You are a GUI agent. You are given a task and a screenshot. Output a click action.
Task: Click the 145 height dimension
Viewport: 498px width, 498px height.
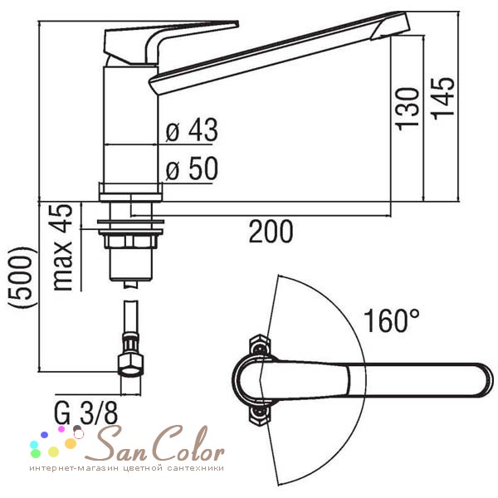444,98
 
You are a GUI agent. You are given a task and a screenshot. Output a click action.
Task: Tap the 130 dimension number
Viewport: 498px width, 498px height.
408,109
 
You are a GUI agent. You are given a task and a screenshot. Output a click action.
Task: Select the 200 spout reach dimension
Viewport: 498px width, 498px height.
271,232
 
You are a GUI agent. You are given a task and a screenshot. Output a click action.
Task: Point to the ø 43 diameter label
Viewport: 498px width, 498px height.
192,129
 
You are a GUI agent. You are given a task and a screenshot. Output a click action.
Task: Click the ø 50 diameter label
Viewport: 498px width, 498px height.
192,168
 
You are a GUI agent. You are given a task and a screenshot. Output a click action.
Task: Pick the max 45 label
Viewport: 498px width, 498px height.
62,247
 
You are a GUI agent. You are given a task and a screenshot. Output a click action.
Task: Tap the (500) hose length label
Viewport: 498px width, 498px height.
22,277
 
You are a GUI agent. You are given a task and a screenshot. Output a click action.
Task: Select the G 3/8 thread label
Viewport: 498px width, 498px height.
85,413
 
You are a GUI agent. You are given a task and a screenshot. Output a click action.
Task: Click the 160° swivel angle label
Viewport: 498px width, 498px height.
391,320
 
